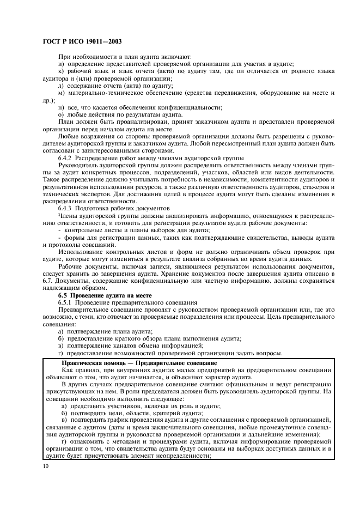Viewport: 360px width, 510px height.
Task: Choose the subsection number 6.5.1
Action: tap(66, 302)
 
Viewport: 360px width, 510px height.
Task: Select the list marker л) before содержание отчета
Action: tap(61, 86)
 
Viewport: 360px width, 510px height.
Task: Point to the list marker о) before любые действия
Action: tap(61, 114)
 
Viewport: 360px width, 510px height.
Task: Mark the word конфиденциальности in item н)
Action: tap(193, 107)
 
